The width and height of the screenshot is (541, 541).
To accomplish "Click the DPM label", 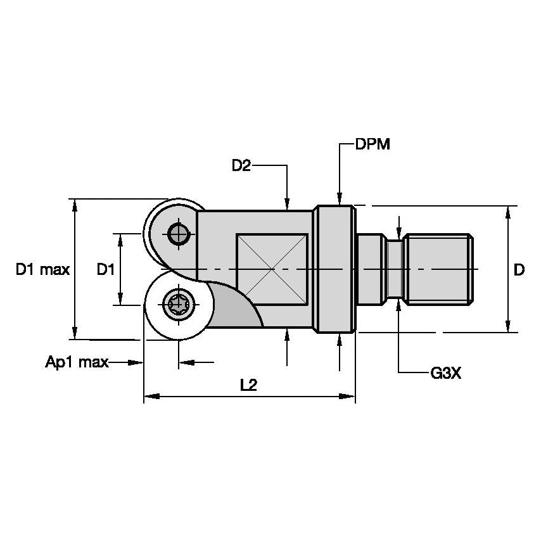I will click(x=372, y=144).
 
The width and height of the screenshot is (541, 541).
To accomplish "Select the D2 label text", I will click(x=241, y=166).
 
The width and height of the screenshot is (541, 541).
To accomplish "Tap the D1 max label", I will click(x=42, y=270).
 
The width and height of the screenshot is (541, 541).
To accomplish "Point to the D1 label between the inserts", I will click(x=105, y=270).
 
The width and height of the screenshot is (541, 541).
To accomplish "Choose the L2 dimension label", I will click(x=248, y=385).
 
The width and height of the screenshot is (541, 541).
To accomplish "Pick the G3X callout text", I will click(x=446, y=374).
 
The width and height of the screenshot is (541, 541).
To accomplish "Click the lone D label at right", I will click(x=519, y=270).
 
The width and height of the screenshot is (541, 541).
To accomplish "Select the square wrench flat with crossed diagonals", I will click(x=272, y=270).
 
